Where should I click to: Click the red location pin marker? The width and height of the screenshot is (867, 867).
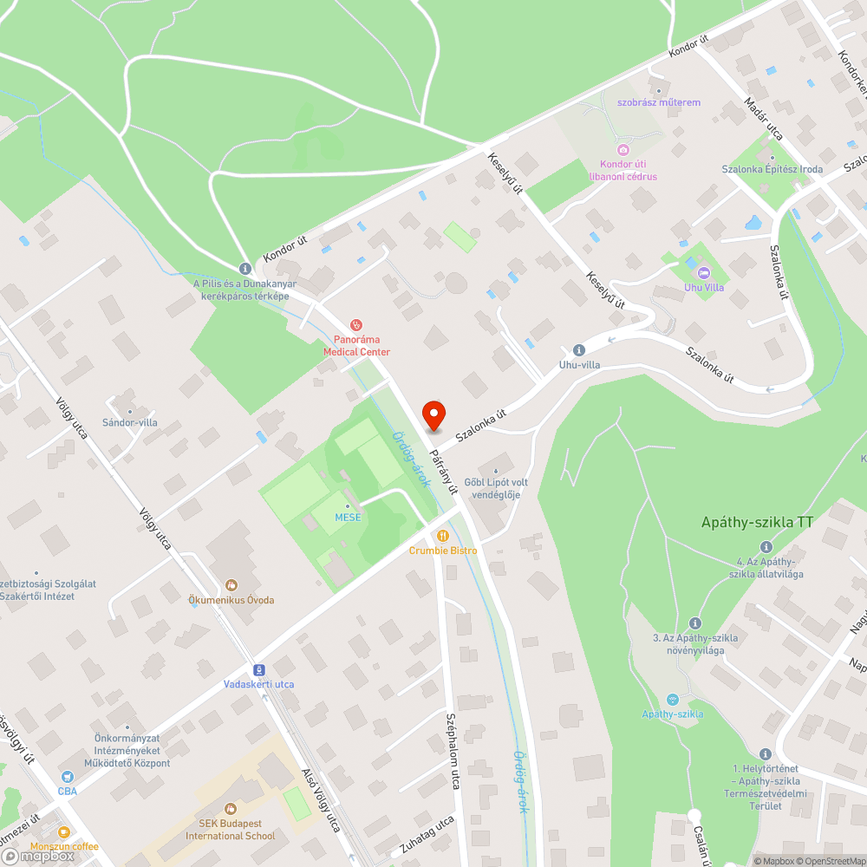pos(433,415)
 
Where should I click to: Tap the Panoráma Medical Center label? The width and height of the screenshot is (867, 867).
pos(356,346)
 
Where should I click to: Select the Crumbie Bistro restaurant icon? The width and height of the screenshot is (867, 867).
pos(443,536)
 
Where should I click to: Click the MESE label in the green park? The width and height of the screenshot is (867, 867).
pos(348,518)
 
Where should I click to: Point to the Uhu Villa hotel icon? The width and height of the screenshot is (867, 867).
pos(702,273)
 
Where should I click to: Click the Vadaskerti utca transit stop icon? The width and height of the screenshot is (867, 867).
pos(258,669)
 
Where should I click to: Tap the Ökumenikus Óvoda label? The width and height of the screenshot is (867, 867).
pos(231,600)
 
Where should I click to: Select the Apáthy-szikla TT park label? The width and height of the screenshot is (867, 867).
pos(757,523)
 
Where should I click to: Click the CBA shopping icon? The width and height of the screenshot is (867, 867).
pos(68,776)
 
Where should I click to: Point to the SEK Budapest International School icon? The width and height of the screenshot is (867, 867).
pos(230,809)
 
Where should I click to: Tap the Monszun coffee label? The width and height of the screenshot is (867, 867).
pos(64,846)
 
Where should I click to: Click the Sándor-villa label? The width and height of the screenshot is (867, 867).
pos(130,422)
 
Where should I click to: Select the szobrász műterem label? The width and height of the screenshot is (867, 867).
pos(658,102)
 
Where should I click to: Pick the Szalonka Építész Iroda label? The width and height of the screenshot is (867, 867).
pos(772,169)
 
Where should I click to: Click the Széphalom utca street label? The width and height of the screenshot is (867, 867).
pos(452,751)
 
